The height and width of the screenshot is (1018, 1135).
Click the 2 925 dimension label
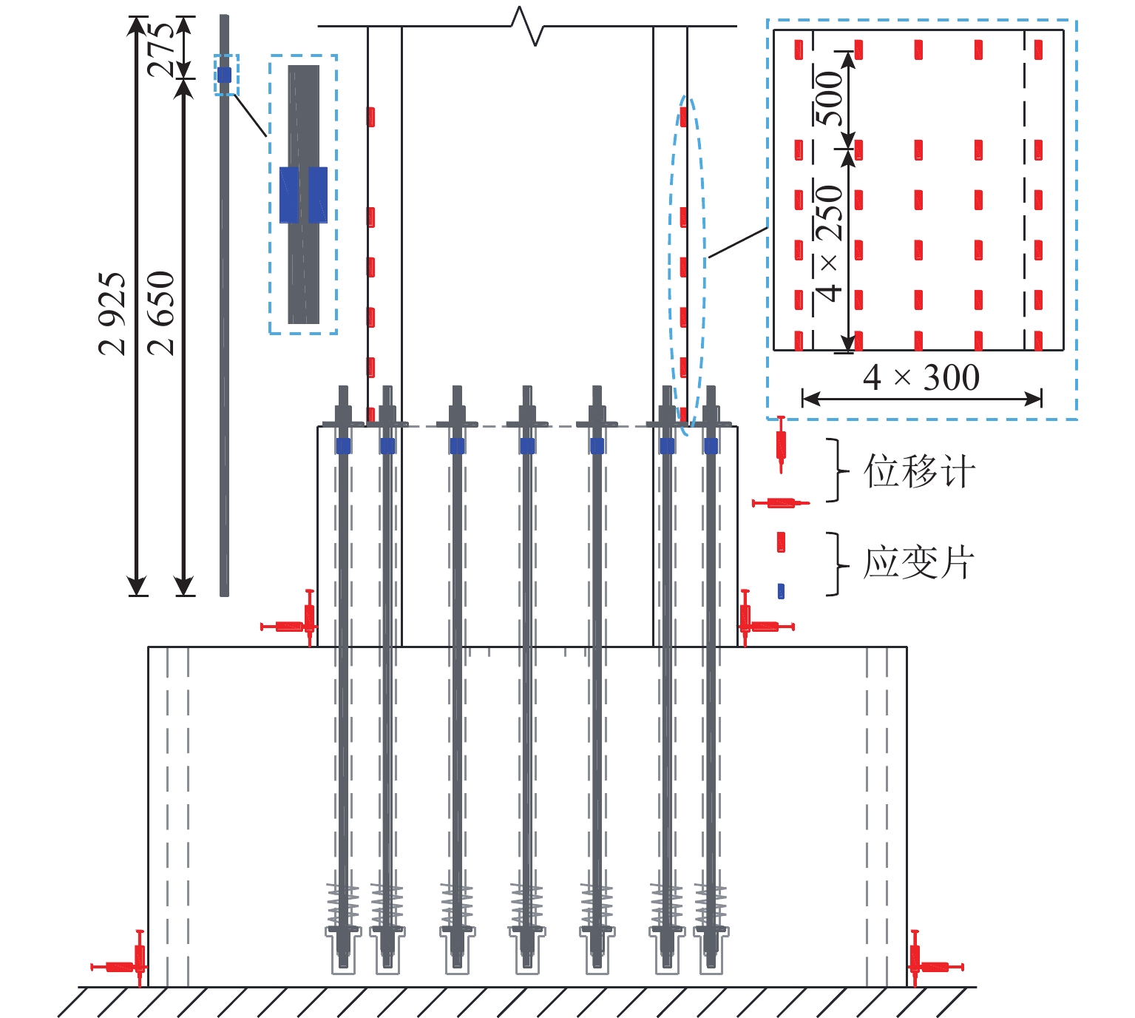point(112,314)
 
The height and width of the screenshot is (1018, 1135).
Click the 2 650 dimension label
point(160,312)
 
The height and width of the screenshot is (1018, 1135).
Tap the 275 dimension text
point(162,49)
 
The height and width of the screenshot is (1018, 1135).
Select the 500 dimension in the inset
point(830,98)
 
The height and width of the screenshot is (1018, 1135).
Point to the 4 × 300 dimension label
point(921,377)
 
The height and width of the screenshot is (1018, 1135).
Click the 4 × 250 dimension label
point(830,243)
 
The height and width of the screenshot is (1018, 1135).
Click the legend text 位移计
point(919,471)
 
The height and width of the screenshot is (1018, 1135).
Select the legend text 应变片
point(919,563)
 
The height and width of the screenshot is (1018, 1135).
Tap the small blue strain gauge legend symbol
point(781,591)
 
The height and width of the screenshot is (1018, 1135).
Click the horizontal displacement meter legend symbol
point(781,503)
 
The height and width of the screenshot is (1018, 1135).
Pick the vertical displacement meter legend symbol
point(781,445)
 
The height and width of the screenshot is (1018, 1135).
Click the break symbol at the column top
point(528,26)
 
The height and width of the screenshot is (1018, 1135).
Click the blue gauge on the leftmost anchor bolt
point(343,445)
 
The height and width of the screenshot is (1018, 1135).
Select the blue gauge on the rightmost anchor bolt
point(711,445)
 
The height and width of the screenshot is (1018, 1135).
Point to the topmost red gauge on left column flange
point(371,117)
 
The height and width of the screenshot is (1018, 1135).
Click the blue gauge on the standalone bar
point(224,75)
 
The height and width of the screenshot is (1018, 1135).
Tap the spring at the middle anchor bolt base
point(526,904)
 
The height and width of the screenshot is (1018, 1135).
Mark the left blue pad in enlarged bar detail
point(289,195)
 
